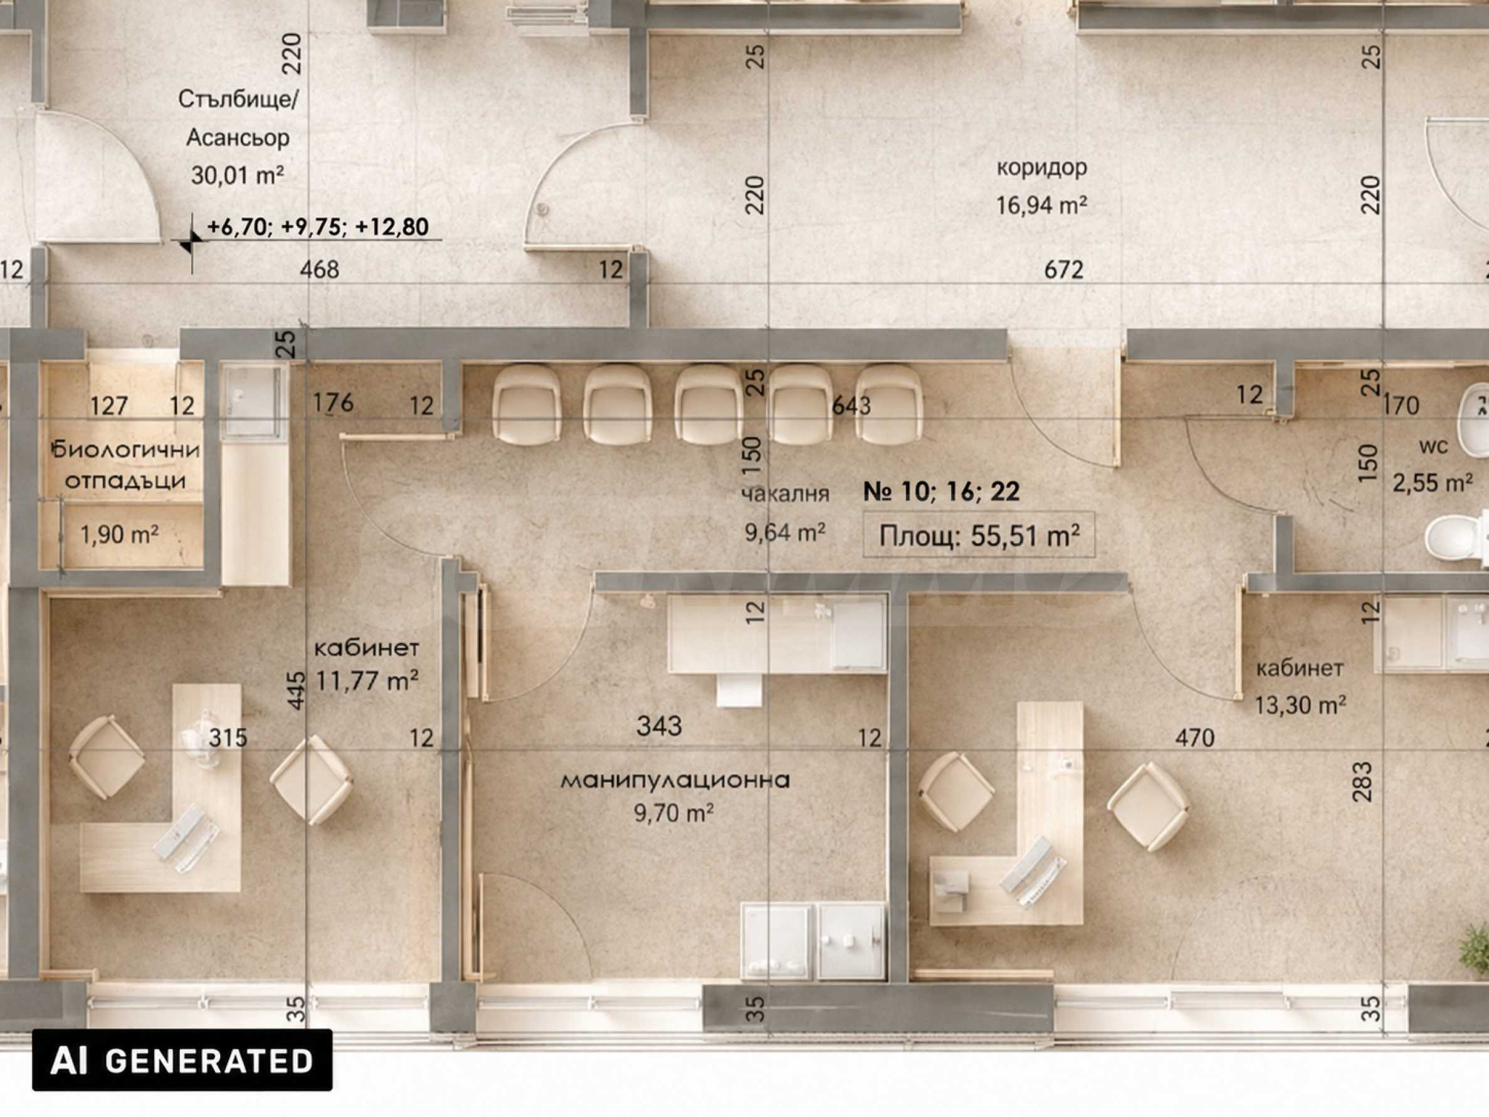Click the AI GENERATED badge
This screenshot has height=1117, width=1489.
coord(182,1060)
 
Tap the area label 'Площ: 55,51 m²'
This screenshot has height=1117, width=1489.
coord(979,536)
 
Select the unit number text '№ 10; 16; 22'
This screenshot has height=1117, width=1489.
coord(941,491)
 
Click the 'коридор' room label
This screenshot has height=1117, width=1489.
coord(1041,167)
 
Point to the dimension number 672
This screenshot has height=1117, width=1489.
coord(1063,269)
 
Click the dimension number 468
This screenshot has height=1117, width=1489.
coord(319,269)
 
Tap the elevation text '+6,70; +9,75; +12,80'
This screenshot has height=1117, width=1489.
coord(318,227)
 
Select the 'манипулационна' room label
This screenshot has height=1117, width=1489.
coord(675,780)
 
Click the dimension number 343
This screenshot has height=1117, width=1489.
coord(659,725)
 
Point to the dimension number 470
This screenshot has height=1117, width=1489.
coord(1195,738)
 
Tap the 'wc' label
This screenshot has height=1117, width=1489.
coord(1433,446)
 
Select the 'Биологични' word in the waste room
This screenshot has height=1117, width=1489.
coord(125,449)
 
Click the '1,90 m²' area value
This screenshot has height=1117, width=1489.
coord(119,534)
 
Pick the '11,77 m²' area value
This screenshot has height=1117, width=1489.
coord(367,680)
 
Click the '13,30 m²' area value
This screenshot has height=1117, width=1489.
coord(1300,704)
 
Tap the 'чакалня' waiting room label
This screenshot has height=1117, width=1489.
coord(785,494)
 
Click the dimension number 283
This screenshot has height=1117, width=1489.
coord(1361,781)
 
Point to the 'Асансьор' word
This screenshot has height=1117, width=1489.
coord(238,137)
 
